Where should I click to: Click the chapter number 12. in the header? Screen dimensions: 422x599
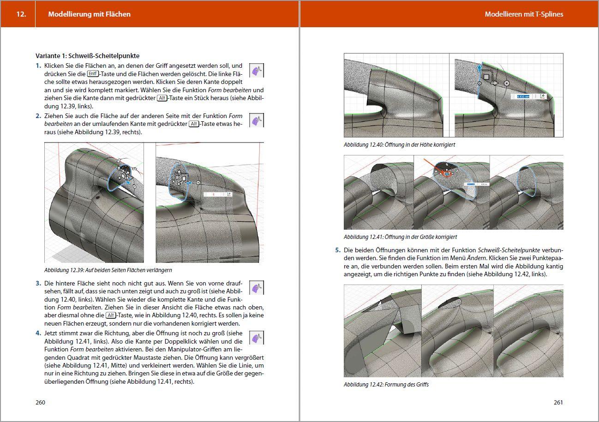(x=21, y=14)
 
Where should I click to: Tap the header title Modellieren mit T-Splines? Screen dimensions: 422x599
(x=524, y=14)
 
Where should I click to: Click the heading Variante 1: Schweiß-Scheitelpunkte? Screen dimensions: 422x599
(x=87, y=56)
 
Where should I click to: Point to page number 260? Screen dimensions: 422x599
(x=40, y=402)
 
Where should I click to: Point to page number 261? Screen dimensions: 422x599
(x=558, y=402)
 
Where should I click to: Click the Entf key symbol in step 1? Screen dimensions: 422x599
(x=93, y=74)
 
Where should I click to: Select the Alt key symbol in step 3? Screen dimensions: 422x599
(x=111, y=315)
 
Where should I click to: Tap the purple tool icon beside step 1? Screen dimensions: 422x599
(x=256, y=71)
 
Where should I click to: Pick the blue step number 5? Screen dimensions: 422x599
(x=337, y=250)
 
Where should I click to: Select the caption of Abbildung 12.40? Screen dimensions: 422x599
(x=400, y=145)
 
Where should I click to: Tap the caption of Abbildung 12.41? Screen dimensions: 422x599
(x=400, y=237)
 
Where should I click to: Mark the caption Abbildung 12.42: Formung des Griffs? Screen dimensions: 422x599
(x=386, y=384)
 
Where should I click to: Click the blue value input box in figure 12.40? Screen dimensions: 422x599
(x=522, y=96)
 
